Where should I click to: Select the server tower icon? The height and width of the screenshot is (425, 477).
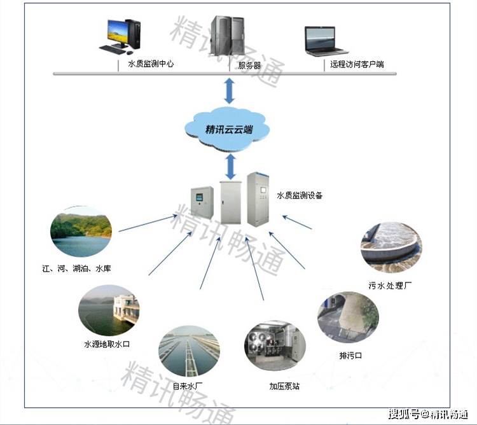(229, 36)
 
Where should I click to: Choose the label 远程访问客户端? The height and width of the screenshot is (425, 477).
(357, 64)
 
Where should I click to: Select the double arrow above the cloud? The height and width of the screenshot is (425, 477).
(229, 90)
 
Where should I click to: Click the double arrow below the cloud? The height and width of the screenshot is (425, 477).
(229, 167)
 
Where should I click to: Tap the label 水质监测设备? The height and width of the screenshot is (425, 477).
(300, 195)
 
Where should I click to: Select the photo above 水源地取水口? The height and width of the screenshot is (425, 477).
(108, 310)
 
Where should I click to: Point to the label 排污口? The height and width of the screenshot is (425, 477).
(350, 354)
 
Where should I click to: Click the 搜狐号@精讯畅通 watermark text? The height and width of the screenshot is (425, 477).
(429, 415)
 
